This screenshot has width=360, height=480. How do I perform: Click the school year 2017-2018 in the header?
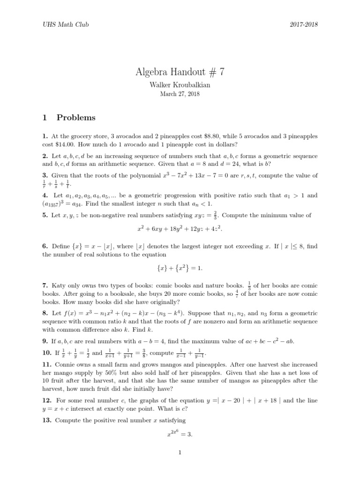[303, 24]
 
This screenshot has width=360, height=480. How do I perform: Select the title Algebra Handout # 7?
[180, 72]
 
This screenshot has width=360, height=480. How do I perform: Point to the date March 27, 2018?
[180, 94]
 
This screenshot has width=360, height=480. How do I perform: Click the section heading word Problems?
[76, 118]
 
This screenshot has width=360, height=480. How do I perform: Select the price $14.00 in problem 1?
[64, 144]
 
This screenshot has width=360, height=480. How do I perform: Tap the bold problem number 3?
[45, 175]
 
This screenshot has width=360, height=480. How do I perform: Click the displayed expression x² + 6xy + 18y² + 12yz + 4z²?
[180, 229]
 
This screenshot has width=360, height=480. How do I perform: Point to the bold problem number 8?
[45, 313]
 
